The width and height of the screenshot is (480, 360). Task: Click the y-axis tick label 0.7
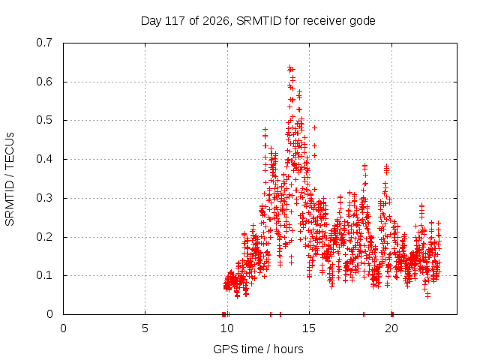(44, 43)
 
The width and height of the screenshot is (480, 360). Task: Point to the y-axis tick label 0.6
(44, 82)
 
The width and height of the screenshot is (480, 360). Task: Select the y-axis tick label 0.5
(44, 120)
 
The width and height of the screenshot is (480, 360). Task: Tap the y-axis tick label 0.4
(44, 159)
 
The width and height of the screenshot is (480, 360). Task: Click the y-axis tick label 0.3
(44, 198)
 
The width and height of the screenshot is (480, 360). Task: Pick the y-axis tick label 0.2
(44, 237)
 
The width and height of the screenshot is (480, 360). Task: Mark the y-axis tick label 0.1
(44, 275)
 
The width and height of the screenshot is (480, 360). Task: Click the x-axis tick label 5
(145, 328)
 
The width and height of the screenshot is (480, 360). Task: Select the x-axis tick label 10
(227, 328)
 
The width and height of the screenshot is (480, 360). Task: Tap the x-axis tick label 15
(309, 328)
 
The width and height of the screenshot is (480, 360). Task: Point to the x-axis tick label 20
(391, 328)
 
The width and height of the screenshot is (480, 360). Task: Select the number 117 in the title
(175, 21)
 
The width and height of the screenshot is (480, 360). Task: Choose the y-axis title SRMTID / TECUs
(10, 179)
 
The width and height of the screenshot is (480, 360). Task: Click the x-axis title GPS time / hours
(258, 349)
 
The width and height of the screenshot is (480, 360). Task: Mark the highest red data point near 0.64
(289, 67)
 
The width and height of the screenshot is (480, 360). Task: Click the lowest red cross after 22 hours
(427, 295)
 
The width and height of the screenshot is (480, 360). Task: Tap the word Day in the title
(151, 21)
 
